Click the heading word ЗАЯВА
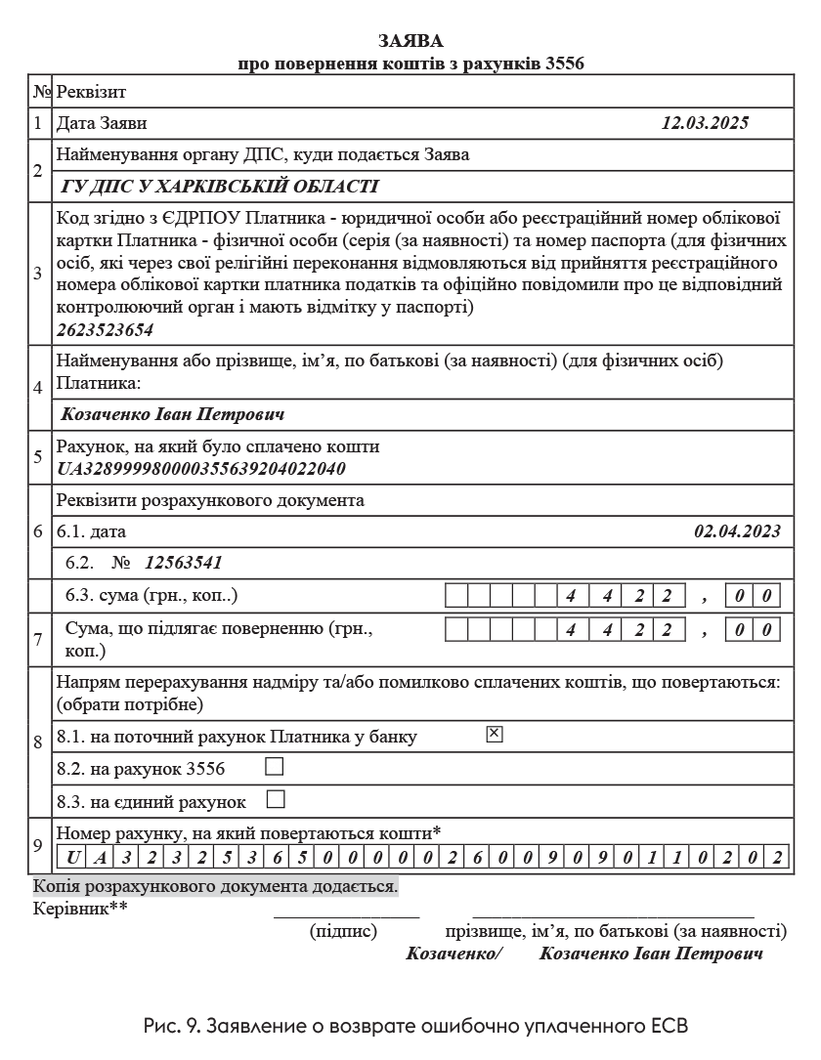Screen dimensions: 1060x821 (x=410, y=41)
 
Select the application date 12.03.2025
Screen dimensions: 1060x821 (x=704, y=123)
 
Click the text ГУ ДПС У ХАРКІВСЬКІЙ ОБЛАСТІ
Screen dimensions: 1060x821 (x=219, y=187)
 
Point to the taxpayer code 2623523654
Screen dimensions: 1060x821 (x=106, y=330)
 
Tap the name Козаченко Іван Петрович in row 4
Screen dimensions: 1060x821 (x=173, y=414)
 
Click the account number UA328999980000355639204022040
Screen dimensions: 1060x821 (x=201, y=468)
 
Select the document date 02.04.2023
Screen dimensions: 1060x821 (x=737, y=531)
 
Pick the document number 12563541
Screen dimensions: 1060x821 (x=184, y=562)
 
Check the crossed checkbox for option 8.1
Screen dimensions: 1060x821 (x=494, y=735)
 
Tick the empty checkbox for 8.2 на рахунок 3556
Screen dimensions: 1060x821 (x=275, y=767)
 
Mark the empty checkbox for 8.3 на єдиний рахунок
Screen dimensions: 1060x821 (x=276, y=800)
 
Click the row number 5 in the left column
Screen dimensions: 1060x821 (x=38, y=457)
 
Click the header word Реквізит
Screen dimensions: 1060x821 (x=91, y=92)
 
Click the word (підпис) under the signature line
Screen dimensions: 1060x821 (x=343, y=931)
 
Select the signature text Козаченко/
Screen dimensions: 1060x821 (x=453, y=954)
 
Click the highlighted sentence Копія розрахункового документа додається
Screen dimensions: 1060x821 (x=215, y=888)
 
